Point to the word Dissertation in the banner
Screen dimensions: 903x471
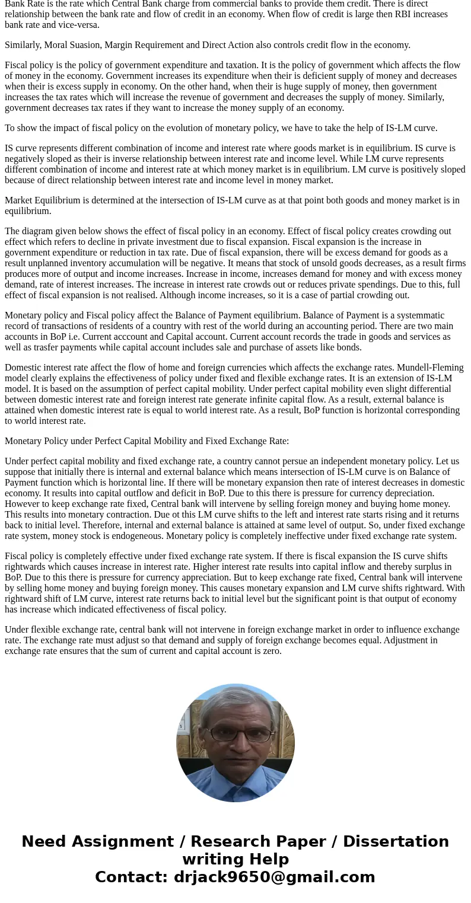[x=396, y=842]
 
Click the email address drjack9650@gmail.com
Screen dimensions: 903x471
[x=274, y=878]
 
